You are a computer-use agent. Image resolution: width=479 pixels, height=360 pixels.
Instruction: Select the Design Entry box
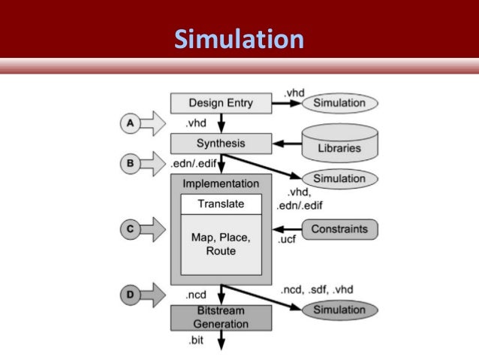click(221, 103)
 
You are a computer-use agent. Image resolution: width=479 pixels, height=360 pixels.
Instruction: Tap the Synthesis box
click(221, 143)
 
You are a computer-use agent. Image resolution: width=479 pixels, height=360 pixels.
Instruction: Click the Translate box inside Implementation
click(221, 204)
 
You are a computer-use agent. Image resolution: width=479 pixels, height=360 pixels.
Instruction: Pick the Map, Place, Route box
click(221, 245)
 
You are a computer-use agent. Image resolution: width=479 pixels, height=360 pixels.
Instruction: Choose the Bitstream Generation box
click(221, 317)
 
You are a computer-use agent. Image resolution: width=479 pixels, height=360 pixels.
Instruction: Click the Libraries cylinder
click(339, 142)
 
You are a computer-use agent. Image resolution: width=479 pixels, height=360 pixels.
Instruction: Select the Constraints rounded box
click(339, 228)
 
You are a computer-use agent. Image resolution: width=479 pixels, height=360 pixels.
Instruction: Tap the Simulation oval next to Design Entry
click(339, 102)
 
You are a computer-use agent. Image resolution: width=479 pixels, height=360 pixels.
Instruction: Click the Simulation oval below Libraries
click(339, 179)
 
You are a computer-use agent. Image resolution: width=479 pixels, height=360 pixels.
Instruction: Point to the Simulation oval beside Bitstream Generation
click(339, 310)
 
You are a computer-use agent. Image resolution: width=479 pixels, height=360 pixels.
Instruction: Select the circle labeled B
click(129, 162)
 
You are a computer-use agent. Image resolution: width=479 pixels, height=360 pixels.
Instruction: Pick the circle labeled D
click(129, 294)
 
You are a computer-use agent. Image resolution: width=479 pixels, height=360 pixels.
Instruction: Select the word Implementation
click(221, 183)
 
